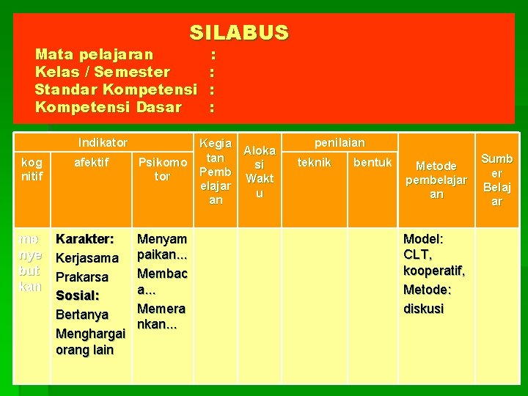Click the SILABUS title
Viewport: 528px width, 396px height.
tap(239, 33)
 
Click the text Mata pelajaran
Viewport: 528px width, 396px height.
tap(95, 54)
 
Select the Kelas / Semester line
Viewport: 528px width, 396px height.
tap(103, 72)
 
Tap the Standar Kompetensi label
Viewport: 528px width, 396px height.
tap(116, 89)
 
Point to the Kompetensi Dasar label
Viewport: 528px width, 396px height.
tap(109, 108)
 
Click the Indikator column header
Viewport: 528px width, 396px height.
tap(103, 142)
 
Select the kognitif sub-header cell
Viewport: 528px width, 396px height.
tap(32, 169)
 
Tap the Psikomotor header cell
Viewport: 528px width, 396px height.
tap(162, 169)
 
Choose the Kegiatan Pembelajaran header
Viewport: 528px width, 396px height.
tap(216, 171)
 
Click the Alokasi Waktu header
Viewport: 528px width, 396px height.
tap(260, 172)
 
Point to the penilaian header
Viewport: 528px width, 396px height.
tap(340, 142)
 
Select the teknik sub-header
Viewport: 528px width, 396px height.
tap(314, 163)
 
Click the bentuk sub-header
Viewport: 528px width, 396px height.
tap(373, 162)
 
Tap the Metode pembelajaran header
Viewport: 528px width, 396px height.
tap(436, 180)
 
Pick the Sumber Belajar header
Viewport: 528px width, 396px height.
tap(496, 180)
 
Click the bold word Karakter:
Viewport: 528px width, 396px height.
tap(84, 239)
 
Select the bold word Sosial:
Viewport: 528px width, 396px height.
tap(78, 296)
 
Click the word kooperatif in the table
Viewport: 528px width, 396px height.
tap(433, 271)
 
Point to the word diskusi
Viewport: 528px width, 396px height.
tap(424, 309)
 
